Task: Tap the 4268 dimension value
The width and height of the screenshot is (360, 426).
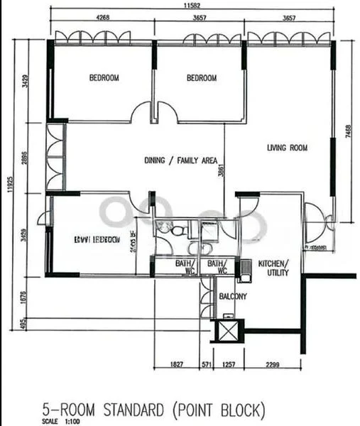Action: [102, 19]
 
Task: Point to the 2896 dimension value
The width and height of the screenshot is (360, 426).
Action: [26, 157]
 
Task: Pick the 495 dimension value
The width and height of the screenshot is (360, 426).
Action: [26, 324]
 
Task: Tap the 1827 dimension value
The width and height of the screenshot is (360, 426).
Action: [178, 364]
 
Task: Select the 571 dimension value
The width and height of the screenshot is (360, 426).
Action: [207, 364]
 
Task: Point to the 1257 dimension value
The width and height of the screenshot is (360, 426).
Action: [228, 364]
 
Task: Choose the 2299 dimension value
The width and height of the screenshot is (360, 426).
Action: [272, 364]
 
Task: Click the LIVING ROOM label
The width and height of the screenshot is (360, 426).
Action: [287, 148]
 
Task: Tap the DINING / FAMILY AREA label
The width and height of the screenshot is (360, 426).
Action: [180, 160]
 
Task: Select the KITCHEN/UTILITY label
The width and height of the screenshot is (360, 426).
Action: [273, 268]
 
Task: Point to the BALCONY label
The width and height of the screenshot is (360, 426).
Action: [232, 296]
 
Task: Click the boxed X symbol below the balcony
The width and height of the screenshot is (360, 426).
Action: [228, 330]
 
